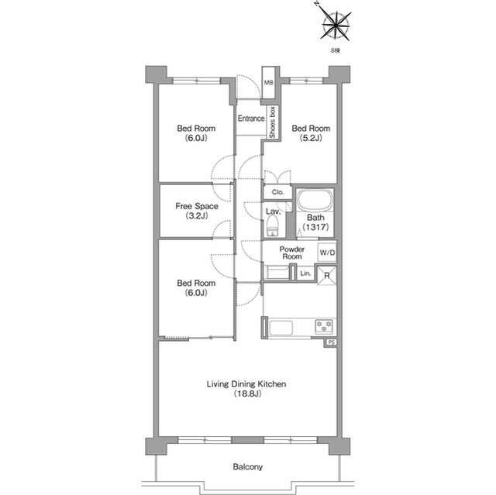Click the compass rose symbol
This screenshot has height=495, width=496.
point(335,24)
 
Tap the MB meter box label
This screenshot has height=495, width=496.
point(269,83)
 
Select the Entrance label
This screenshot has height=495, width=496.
point(251,119)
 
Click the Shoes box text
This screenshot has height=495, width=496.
point(272,122)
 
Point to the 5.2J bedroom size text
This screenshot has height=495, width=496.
point(311,138)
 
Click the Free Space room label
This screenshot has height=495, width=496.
point(197,206)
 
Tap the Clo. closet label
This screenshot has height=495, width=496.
point(277,192)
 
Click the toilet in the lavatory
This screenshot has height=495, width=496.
point(273,226)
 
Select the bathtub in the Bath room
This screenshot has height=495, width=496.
point(315,200)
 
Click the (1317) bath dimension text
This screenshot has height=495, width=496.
point(315,227)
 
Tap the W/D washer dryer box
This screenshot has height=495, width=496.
point(327,253)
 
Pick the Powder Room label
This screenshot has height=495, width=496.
point(292,253)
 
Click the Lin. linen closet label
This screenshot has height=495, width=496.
point(305,273)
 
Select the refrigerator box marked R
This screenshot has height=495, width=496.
point(327,275)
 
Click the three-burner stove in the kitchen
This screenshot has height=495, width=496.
point(324,326)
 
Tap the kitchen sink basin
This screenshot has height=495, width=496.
point(281,328)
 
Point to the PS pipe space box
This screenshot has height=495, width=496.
point(331,342)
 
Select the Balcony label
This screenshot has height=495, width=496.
point(248,467)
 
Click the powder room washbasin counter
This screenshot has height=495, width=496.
point(276,273)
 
